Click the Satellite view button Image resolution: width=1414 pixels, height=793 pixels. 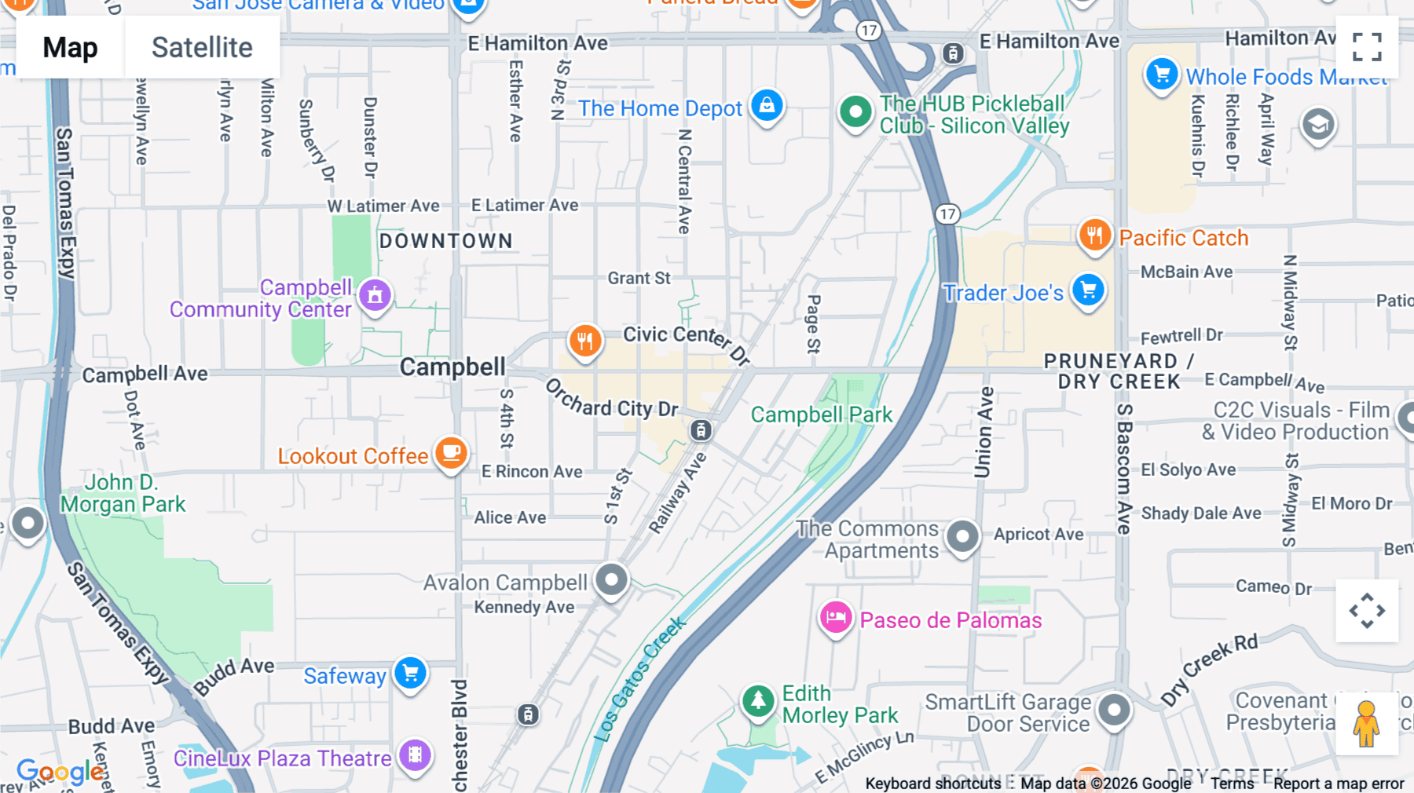pos(202,47)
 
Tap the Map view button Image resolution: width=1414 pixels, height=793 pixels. pos(70,47)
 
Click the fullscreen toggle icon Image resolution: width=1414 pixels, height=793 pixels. pos(1367,47)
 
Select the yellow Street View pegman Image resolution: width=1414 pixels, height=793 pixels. pos(1366,723)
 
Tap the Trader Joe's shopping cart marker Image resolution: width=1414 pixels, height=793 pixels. pos(1088,290)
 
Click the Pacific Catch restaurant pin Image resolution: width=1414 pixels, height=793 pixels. pos(1094,235)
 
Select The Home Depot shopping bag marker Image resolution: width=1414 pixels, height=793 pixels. pos(767,105)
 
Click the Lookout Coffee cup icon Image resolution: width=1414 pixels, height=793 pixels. pos(451,453)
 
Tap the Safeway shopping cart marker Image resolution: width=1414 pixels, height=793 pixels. pos(410,673)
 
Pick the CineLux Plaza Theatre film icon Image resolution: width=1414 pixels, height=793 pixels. pos(415,755)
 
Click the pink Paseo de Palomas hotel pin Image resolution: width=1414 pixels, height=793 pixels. pos(836,618)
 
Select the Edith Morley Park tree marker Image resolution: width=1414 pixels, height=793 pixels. pos(758,700)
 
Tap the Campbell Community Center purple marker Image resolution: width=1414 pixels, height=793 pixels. pos(375,296)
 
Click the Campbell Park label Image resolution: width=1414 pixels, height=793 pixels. pos(821,415)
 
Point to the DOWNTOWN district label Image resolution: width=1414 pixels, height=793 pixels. pos(445,241)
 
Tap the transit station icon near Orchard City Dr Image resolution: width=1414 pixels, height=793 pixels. pos(701,430)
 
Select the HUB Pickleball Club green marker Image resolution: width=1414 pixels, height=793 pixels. pos(855,111)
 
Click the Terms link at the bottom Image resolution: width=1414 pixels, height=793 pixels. pos(1232,783)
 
